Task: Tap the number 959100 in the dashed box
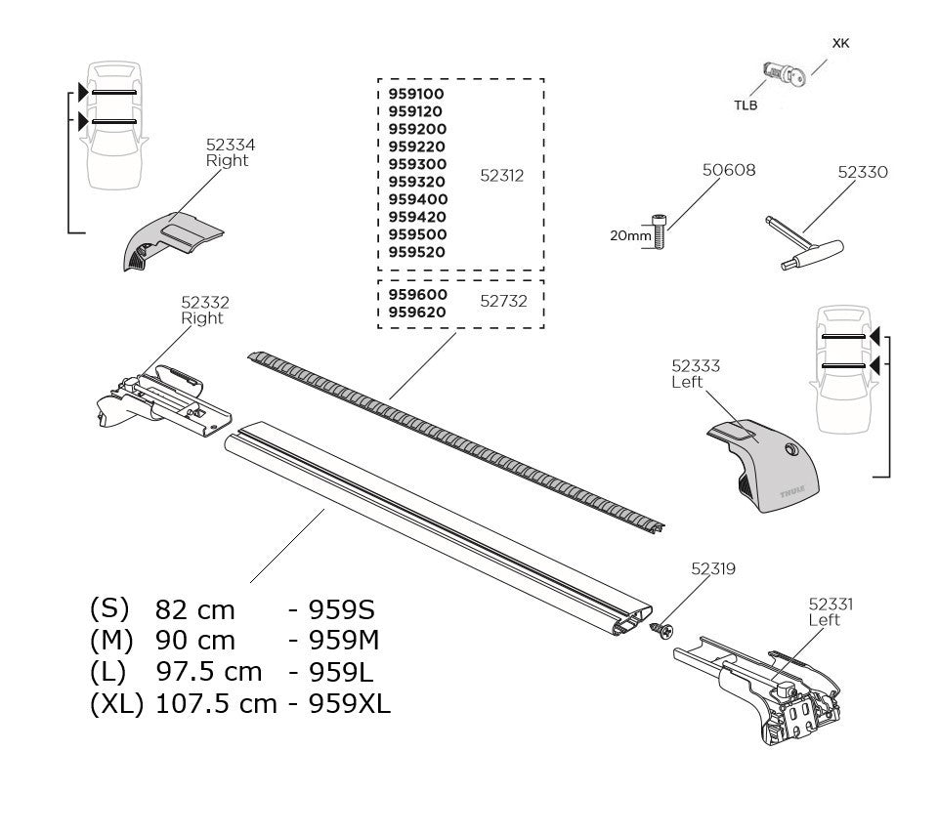pyautogui.click(x=416, y=94)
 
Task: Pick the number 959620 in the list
pyautogui.click(x=416, y=313)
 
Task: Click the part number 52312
pyautogui.click(x=503, y=176)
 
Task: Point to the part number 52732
pyautogui.click(x=503, y=301)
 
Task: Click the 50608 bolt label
pyautogui.click(x=729, y=170)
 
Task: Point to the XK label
pyautogui.click(x=839, y=44)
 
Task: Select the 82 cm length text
pyautogui.click(x=195, y=610)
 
